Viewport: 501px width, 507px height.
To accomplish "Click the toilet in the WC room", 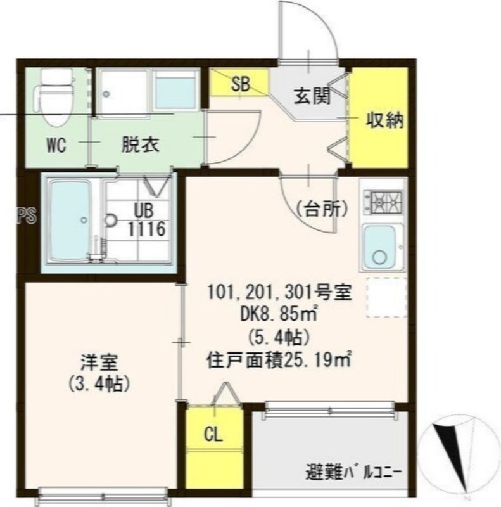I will pos(53,99).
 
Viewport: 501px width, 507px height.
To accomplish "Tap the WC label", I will pos(56,145).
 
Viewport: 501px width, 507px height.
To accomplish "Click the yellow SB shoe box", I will pos(240,85).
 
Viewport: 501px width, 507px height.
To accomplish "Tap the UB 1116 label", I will pos(148,220).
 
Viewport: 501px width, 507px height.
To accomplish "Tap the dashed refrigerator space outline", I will pos(386,297).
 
